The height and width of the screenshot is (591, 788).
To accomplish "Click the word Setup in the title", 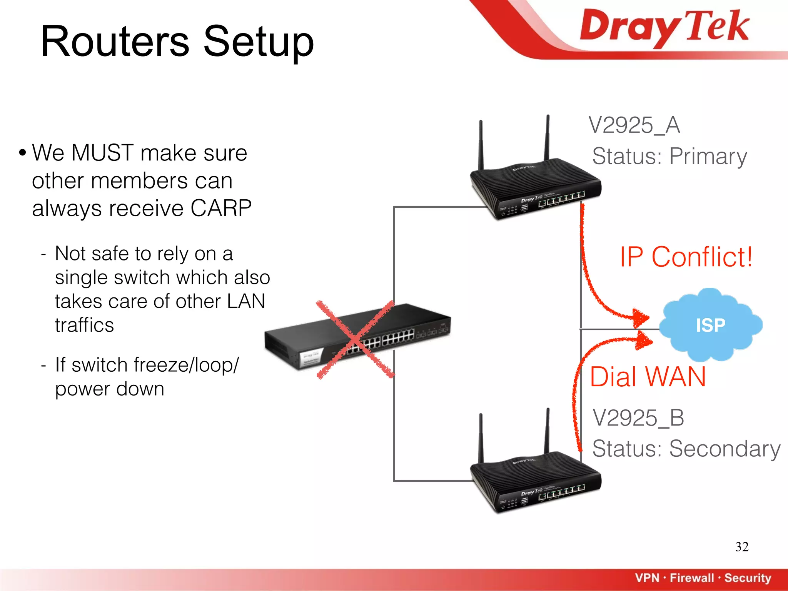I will click(259, 42).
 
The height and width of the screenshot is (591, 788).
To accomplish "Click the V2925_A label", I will click(634, 125).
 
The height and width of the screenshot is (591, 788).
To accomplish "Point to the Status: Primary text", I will click(669, 156).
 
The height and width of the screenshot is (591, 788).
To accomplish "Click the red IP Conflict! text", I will click(686, 257).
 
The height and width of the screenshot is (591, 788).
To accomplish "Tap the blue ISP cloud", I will click(710, 325).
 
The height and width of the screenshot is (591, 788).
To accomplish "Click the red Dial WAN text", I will click(648, 377).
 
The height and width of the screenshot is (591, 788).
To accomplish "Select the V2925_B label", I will click(638, 418).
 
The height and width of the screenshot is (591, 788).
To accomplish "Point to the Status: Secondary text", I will click(686, 449).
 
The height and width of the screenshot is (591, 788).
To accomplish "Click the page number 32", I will click(741, 547).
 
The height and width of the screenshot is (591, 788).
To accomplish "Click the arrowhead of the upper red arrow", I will click(640, 317).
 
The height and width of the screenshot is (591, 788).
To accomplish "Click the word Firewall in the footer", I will click(691, 578).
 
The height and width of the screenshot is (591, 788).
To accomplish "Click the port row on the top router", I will click(562, 199).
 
